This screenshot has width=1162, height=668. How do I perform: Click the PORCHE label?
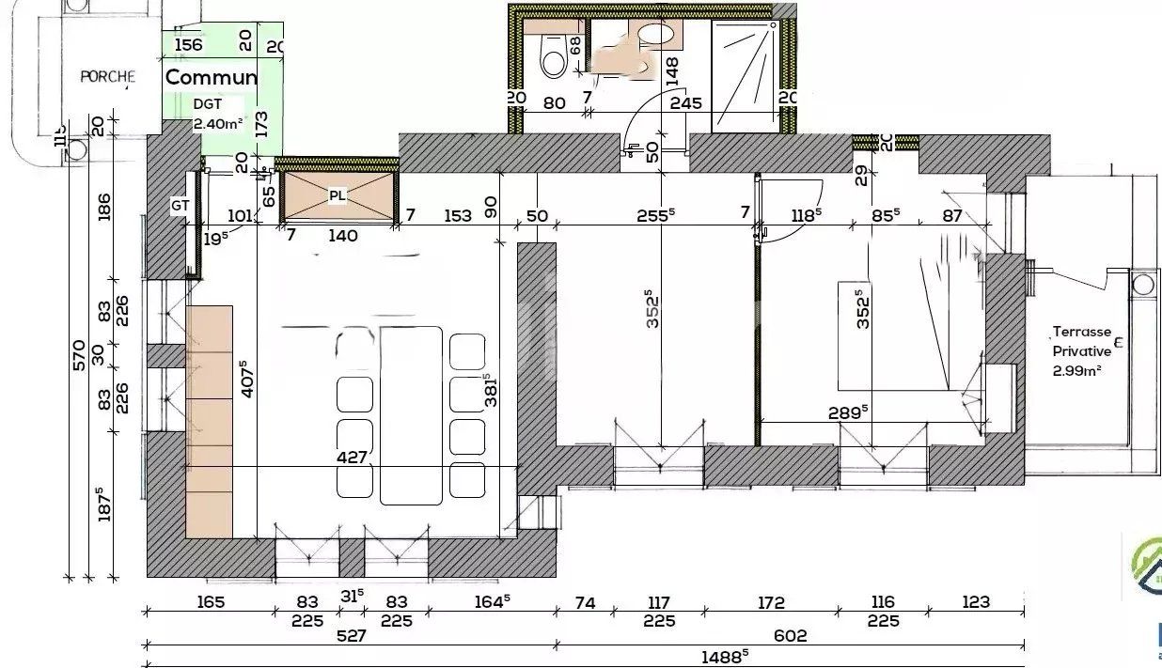coord(107,77)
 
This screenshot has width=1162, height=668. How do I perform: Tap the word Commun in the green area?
coord(212,77)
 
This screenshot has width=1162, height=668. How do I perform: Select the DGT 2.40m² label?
coord(218,114)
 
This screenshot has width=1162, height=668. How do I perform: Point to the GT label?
coord(181,205)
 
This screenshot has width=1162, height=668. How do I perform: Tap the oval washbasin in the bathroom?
coord(656,35)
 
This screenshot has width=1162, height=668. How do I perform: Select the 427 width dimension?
coord(357,457)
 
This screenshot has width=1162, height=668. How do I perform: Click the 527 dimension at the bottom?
coord(351,636)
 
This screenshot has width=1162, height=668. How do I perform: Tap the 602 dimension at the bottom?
coord(790,636)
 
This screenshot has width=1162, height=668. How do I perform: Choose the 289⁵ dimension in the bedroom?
coord(848,411)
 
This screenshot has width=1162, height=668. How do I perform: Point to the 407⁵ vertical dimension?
coord(245,381)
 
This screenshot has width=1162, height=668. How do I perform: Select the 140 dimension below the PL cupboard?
coord(342,236)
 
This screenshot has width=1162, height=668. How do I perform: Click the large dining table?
coord(411,413)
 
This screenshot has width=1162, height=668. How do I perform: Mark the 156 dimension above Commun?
coord(189,45)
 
